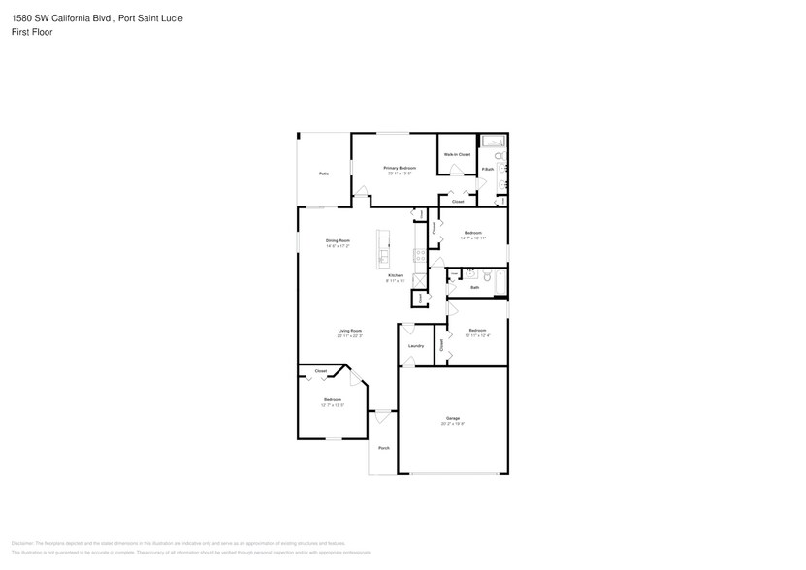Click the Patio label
[x=324, y=174]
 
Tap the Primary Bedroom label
[x=399, y=169]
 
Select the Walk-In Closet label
[x=457, y=155]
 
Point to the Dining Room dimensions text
[x=337, y=246]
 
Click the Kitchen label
[x=395, y=275]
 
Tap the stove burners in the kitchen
[x=418, y=256]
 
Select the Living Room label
[x=350, y=331]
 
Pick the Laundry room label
[x=416, y=345]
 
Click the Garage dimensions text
[x=453, y=424]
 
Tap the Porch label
[x=384, y=448]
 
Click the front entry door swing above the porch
[x=383, y=417]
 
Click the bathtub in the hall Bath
[x=500, y=282]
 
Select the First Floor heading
[x=33, y=32]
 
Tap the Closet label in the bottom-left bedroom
[x=320, y=371]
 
